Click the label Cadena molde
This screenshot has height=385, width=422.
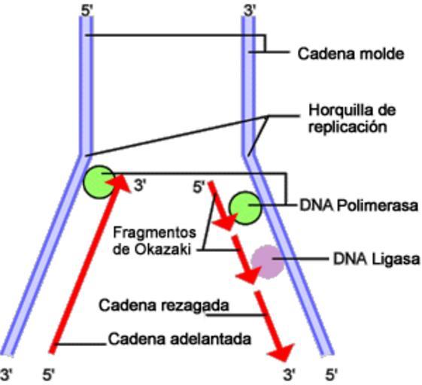pyautogui.click(x=351, y=53)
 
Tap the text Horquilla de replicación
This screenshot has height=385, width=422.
pyautogui.click(x=352, y=118)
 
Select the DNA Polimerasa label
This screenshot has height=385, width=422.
pyautogui.click(x=359, y=206)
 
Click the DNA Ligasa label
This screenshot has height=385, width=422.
pyautogui.click(x=377, y=259)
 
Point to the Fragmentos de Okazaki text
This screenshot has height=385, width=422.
pyautogui.click(x=154, y=241)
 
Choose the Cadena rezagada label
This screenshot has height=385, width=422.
pyautogui.click(x=164, y=305)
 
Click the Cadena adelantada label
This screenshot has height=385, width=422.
pyautogui.click(x=180, y=339)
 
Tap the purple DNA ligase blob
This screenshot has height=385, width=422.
pyautogui.click(x=268, y=262)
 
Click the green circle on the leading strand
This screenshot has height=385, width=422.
pyautogui.click(x=99, y=182)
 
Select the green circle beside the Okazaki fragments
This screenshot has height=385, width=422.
pyautogui.click(x=245, y=208)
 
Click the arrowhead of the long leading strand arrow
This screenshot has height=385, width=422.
pyautogui.click(x=119, y=183)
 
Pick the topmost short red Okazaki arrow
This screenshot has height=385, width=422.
pyautogui.click(x=220, y=206)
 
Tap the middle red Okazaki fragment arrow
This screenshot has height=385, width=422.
pyautogui.click(x=244, y=259)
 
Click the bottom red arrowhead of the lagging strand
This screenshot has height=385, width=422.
pyautogui.click(x=283, y=352)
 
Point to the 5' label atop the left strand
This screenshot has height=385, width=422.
pyautogui.click(x=87, y=11)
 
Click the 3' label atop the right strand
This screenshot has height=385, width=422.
pyautogui.click(x=250, y=11)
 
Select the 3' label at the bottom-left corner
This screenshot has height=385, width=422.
pyautogui.click(x=6, y=374)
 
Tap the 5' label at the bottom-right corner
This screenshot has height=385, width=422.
pyautogui.click(x=332, y=374)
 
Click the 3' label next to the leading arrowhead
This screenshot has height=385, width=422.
pyautogui.click(x=140, y=186)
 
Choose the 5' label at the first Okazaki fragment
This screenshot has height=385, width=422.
pyautogui.click(x=199, y=187)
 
